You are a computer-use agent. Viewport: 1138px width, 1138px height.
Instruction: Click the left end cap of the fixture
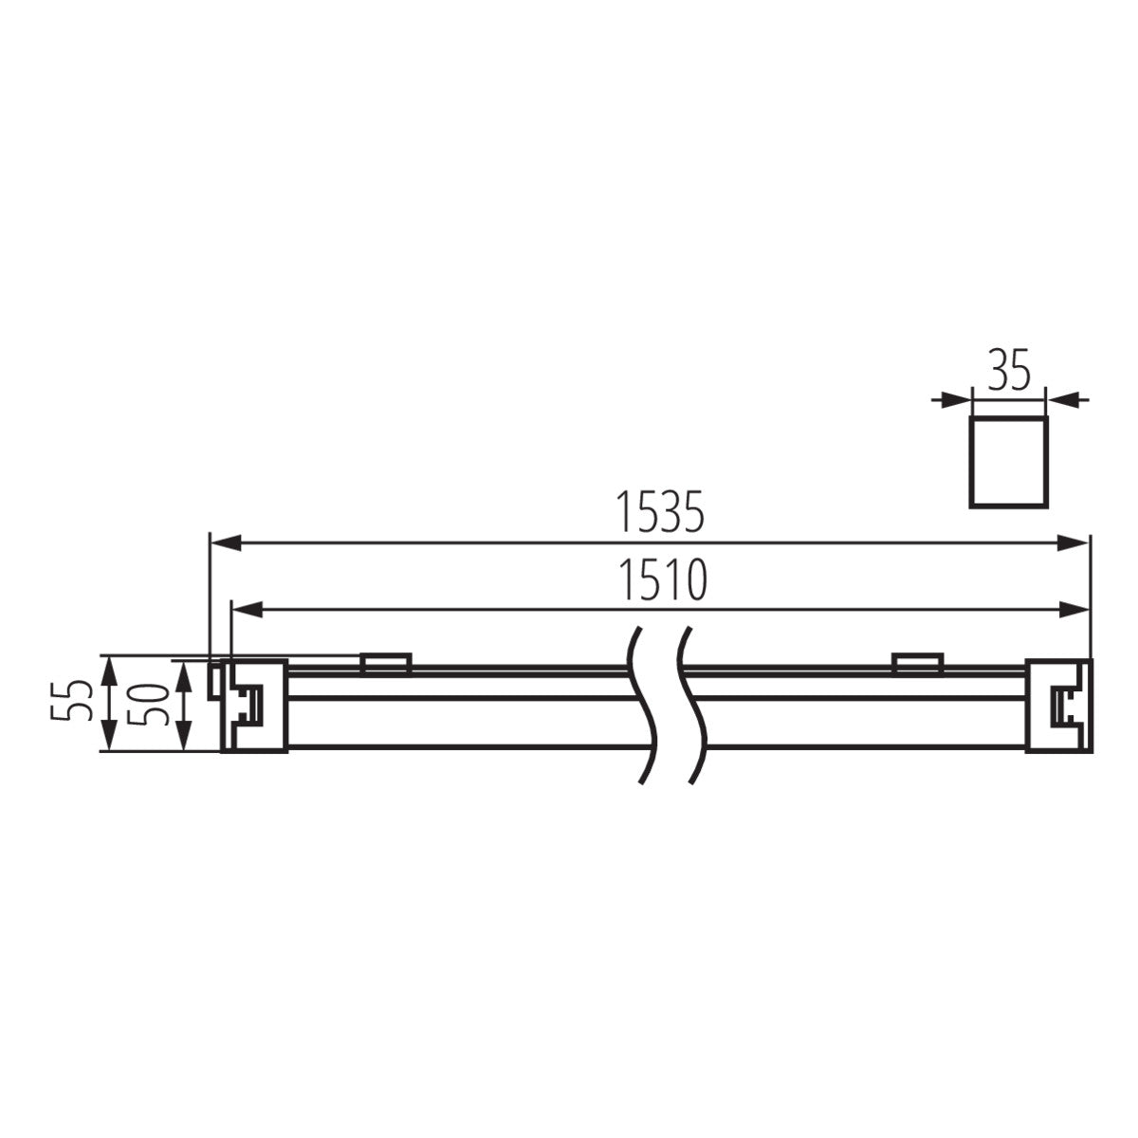(254, 706)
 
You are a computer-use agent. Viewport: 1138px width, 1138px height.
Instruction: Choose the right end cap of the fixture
(1056, 706)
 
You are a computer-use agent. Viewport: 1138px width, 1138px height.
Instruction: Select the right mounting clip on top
(916, 663)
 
